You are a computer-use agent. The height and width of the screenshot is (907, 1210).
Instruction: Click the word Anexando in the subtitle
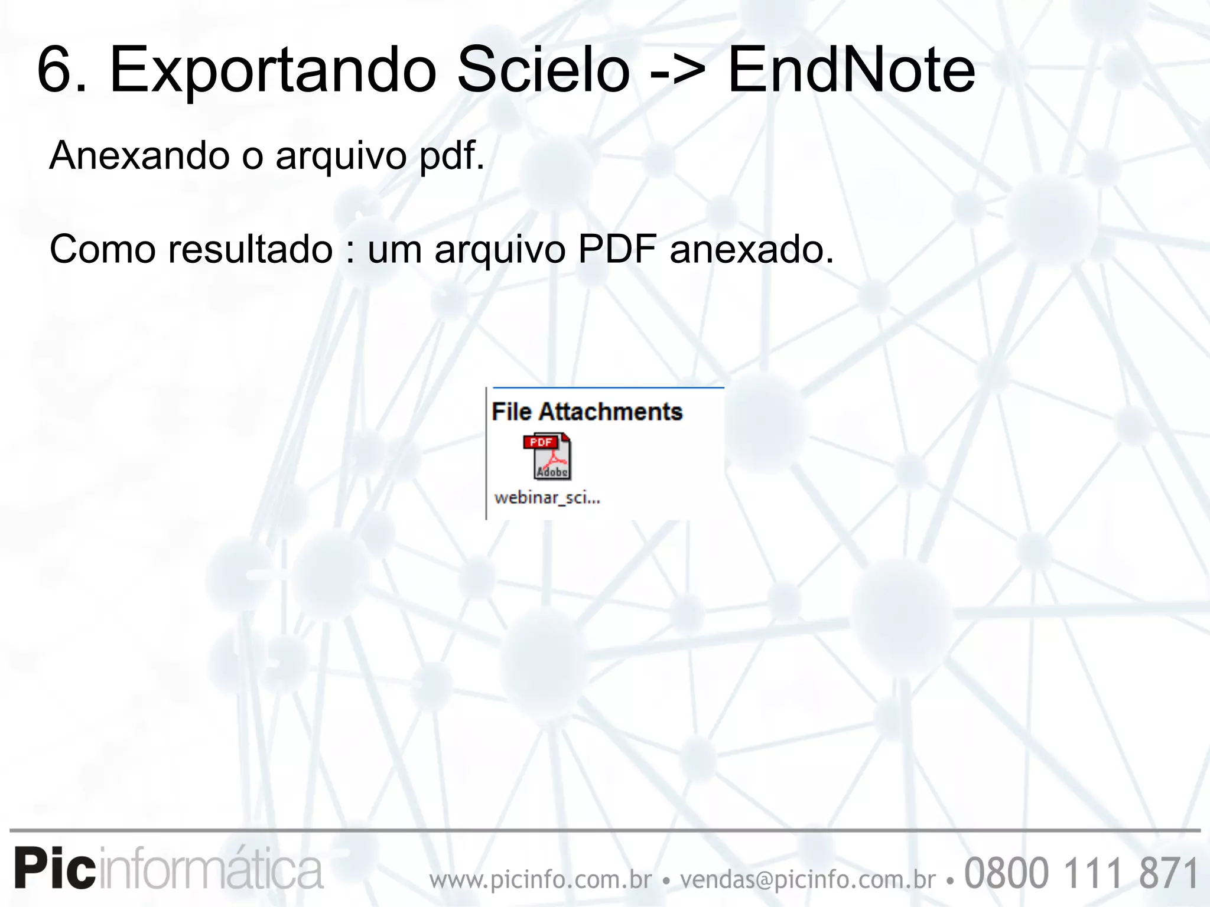[x=139, y=156]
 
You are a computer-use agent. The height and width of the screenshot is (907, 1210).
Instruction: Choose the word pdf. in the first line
[x=452, y=157]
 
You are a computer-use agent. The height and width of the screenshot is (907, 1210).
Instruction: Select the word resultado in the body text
[x=251, y=249]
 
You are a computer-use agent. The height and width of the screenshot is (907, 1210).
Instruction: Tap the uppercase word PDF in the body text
[x=617, y=249]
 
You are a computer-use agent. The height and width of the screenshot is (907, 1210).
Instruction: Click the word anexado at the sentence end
[x=752, y=249]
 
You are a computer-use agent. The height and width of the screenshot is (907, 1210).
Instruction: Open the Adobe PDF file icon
[x=547, y=456]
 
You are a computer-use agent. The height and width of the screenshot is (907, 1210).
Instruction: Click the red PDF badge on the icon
[x=540, y=442]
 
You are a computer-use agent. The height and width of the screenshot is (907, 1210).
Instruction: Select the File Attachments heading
[x=587, y=412]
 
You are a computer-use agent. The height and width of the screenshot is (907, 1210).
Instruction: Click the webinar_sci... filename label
[x=547, y=498]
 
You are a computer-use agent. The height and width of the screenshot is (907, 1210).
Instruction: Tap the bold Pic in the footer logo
[x=55, y=869]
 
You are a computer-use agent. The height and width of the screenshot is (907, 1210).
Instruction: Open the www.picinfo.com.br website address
[x=541, y=880]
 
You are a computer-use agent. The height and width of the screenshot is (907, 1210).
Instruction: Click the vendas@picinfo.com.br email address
[x=808, y=880]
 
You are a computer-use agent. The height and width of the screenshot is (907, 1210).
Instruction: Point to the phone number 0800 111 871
[x=1081, y=873]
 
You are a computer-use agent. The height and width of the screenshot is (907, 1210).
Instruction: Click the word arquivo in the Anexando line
[x=341, y=157]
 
